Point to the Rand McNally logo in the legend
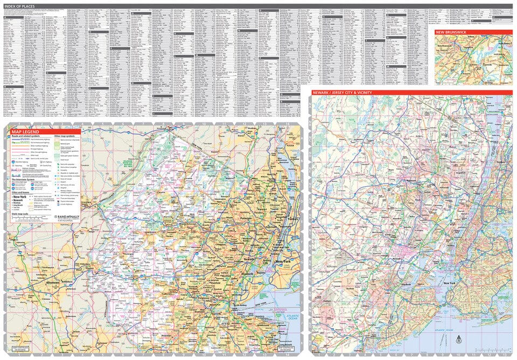pos(67,217)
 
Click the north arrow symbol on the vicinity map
pos(458,340)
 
